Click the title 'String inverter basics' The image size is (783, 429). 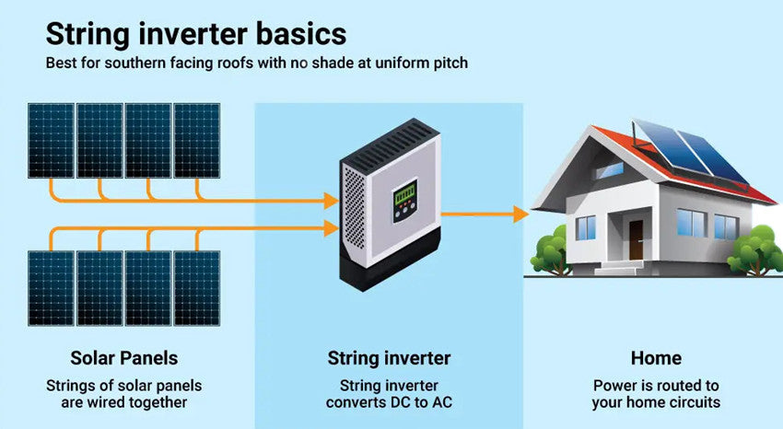195,34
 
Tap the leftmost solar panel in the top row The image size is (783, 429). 52,141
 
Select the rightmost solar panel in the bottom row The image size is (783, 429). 197,288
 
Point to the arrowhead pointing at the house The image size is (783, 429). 521,214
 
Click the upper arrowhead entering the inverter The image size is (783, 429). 331,201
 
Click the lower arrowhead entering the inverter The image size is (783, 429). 331,228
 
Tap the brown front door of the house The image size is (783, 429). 636,240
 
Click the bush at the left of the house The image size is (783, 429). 551,250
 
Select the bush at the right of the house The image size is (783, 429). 754,250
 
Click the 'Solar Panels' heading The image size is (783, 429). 124,358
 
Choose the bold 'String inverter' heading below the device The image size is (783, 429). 389,358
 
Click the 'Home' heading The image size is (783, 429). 656,358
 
